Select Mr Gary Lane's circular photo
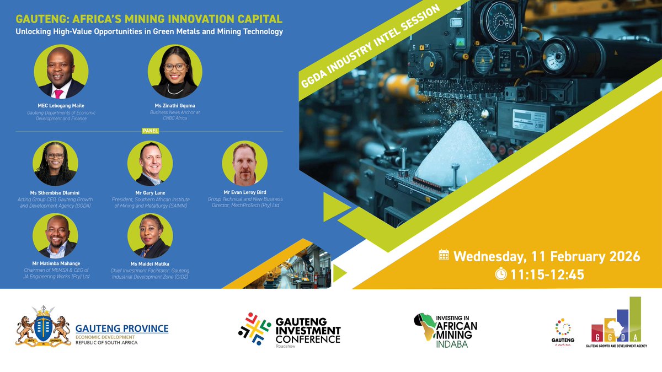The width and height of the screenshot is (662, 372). pos(150,163)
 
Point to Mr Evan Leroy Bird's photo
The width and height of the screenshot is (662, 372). pos(244,163)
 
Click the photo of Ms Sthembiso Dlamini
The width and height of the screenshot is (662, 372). pos(55,163)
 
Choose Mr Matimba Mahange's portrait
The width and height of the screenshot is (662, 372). pos(55,236)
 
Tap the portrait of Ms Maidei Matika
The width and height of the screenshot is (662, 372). pos(150,236)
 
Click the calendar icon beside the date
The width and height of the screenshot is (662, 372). pos(444,256)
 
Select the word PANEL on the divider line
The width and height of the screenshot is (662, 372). pos(150,132)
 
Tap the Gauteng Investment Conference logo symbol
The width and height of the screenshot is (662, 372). pos(254,326)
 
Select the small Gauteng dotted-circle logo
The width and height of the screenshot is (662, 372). pos(562,327)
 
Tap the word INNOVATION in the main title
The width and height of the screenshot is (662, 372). pos(187,19)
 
